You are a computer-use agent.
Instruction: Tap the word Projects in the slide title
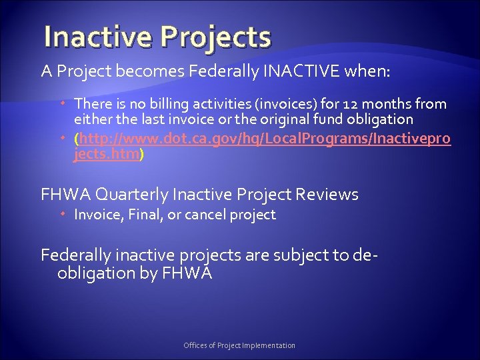pos(214,38)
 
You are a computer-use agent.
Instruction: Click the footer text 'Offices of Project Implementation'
pos(239,345)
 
